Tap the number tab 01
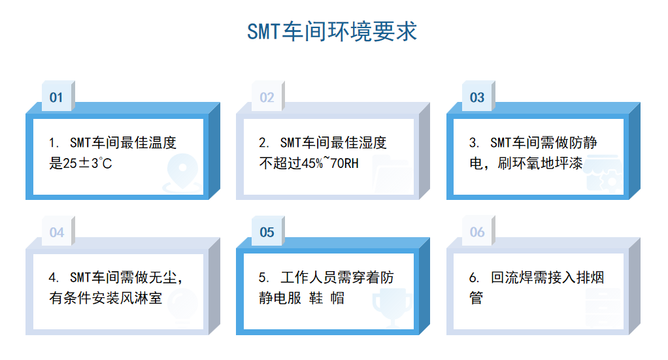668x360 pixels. (x=56, y=97)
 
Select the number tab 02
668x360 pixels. (x=267, y=97)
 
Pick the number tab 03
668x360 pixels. (x=477, y=97)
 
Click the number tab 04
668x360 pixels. (x=56, y=232)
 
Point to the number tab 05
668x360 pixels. (x=267, y=232)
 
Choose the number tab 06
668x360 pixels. (x=477, y=232)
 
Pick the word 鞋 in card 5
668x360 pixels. (x=317, y=299)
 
